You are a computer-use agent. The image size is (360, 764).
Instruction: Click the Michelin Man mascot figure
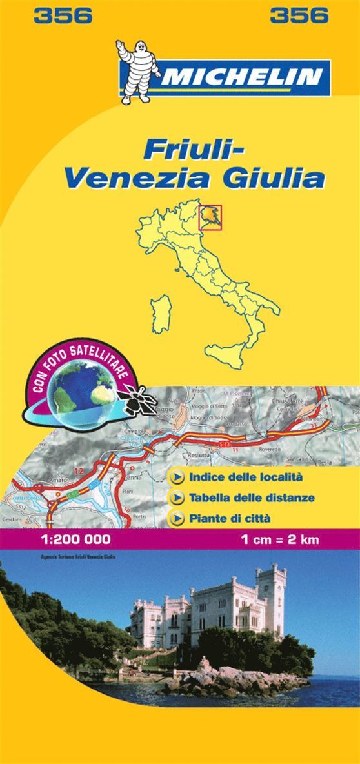(136, 71)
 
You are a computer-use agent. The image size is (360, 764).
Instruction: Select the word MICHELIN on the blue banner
(243, 77)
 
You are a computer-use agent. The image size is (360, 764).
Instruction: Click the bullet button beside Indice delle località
(176, 478)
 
